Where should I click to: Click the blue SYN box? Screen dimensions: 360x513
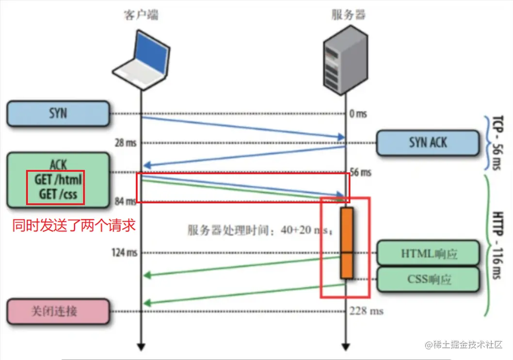coord(58,114)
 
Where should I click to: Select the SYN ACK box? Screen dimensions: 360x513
coord(428,143)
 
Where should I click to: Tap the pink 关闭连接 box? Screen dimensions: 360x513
coord(58,311)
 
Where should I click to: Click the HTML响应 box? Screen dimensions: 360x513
coord(428,253)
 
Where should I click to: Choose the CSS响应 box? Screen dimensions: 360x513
coord(428,279)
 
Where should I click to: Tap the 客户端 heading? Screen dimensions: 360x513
coord(141,15)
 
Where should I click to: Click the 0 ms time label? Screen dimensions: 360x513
coord(358,115)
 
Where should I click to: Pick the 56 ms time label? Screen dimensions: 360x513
coord(360,172)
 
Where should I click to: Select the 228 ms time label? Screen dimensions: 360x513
coord(366,311)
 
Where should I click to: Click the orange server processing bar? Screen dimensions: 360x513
coord(346,243)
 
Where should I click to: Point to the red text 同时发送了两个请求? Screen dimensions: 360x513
coord(73,226)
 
